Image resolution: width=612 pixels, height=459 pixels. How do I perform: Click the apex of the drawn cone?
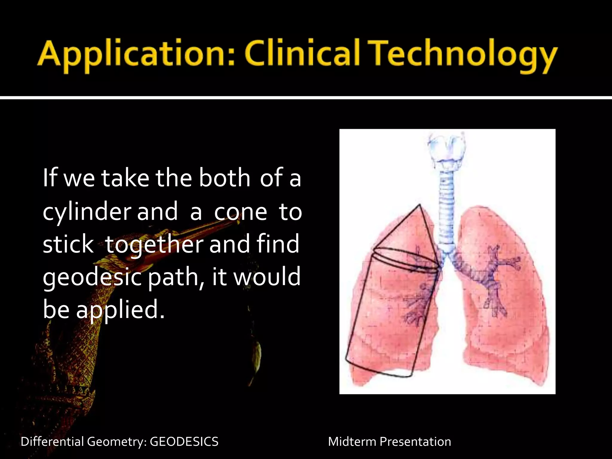[420, 205]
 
